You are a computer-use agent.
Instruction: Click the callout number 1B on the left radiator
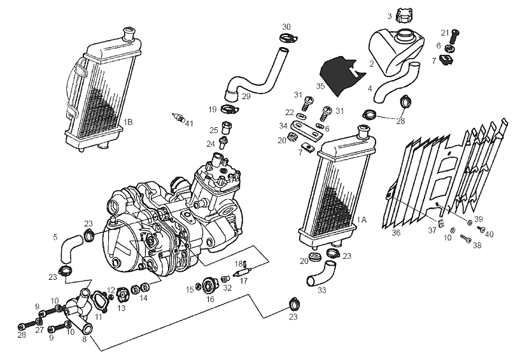coord(128,121)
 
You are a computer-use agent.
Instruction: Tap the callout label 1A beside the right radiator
coord(362,219)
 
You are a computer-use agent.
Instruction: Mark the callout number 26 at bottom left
coord(22,335)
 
